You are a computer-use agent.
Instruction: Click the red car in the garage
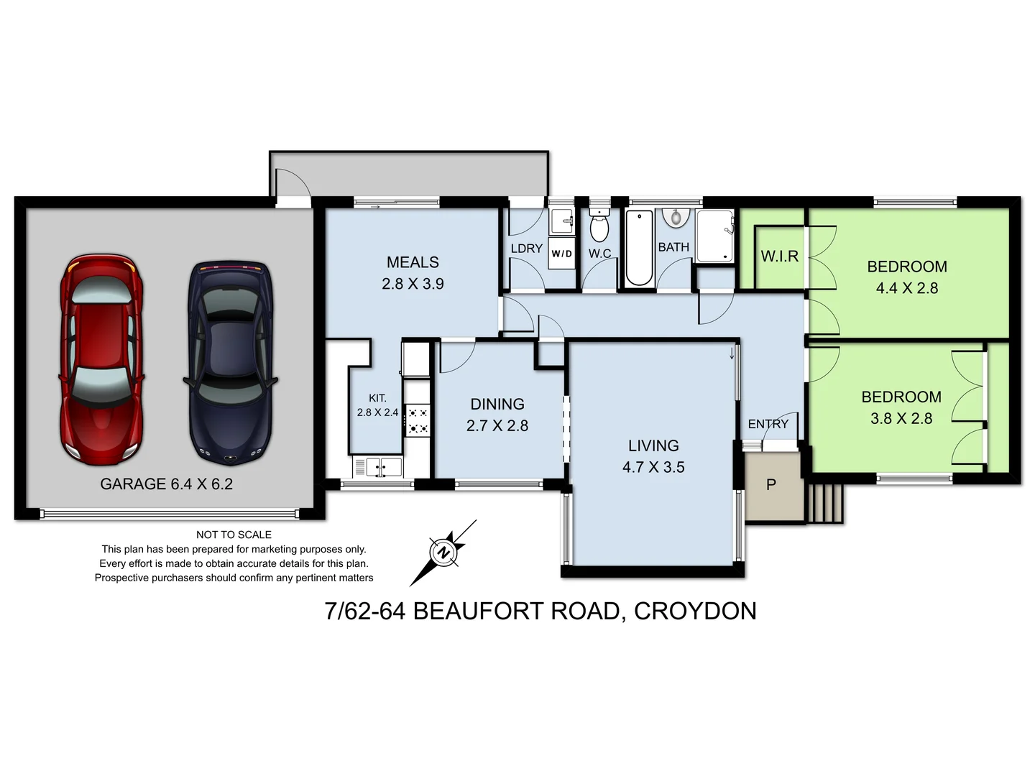pyautogui.click(x=101, y=359)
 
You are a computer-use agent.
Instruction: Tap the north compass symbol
pyautogui.click(x=443, y=553)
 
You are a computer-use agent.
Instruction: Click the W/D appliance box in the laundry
pyautogui.click(x=561, y=254)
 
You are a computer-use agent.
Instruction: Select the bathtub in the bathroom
pyautogui.click(x=638, y=248)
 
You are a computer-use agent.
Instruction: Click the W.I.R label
pyautogui.click(x=779, y=257)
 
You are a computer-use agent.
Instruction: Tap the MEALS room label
pyautogui.click(x=413, y=262)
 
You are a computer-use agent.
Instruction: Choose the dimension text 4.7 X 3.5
pyautogui.click(x=653, y=467)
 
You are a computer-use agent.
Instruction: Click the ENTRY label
pyautogui.click(x=768, y=424)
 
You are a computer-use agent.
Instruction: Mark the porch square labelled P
pyautogui.click(x=772, y=485)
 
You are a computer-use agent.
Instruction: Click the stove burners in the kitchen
pyautogui.click(x=418, y=421)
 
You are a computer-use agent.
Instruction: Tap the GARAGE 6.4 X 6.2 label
pyautogui.click(x=166, y=484)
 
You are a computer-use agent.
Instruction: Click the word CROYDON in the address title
pyautogui.click(x=695, y=611)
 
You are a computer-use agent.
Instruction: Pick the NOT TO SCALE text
pyautogui.click(x=234, y=535)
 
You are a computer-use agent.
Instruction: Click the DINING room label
pyautogui.click(x=497, y=404)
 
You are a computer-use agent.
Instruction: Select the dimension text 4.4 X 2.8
pyautogui.click(x=906, y=288)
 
